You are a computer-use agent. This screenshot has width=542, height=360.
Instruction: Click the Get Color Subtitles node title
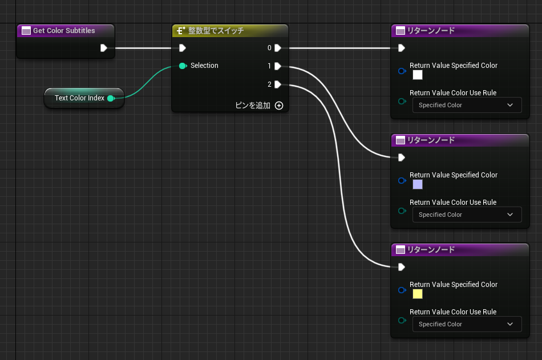click(64, 30)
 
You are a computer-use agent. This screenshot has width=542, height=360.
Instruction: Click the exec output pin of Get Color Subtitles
click(104, 48)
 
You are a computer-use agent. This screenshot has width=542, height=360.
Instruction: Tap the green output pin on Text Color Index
click(111, 98)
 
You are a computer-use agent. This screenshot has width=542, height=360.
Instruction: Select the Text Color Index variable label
click(79, 98)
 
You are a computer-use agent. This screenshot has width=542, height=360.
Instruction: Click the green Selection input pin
click(183, 66)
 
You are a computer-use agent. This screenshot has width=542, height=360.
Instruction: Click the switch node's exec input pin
click(183, 48)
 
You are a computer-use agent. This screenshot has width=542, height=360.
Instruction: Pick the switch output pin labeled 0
click(278, 48)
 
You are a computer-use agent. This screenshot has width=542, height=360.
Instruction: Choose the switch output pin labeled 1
click(278, 66)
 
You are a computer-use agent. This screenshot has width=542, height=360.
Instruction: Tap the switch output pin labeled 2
click(278, 84)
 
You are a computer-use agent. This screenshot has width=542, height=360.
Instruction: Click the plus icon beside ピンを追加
click(279, 106)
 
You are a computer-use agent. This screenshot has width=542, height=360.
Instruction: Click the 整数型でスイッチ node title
click(216, 31)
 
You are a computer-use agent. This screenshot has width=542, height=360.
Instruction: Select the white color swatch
click(418, 75)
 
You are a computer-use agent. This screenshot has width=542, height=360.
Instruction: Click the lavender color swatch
click(418, 185)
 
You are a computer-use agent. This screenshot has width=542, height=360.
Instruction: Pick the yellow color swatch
click(418, 294)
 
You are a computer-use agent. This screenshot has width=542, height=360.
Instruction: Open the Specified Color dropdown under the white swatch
click(467, 105)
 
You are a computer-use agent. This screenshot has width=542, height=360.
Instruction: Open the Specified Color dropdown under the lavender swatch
click(467, 215)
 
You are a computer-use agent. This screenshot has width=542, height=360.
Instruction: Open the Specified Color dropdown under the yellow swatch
click(467, 324)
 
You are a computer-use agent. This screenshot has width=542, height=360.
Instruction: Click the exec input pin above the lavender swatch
click(401, 157)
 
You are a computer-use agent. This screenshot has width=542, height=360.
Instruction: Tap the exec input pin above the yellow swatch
click(401, 267)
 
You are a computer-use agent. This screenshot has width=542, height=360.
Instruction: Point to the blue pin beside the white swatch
click(402, 71)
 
